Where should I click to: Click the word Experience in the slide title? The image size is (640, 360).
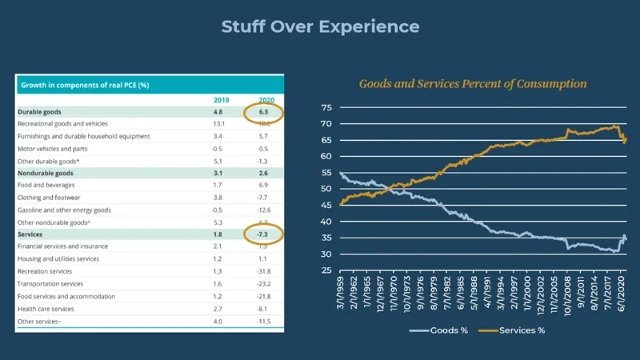(369, 26)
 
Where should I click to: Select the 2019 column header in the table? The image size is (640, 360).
(222, 100)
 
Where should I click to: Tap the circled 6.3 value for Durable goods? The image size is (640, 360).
(264, 112)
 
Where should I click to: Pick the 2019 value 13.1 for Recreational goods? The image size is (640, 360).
(222, 124)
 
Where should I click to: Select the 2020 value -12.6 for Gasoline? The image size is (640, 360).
(264, 210)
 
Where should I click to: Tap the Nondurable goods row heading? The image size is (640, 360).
(46, 173)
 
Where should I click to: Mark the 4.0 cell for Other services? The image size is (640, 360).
(222, 322)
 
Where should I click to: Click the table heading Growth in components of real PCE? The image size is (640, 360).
(85, 84)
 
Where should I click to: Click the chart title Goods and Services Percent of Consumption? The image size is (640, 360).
(473, 84)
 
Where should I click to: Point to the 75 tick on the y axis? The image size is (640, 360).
(326, 107)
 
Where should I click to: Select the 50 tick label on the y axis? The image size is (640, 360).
(326, 189)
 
